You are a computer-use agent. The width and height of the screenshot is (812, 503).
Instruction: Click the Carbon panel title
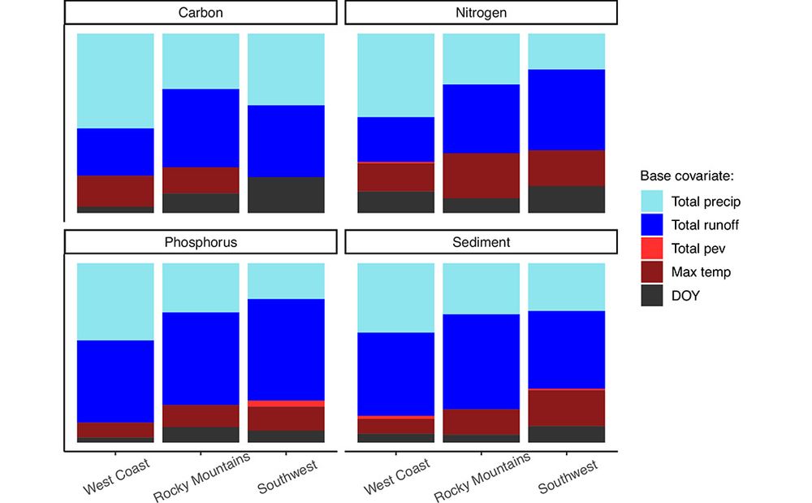[x=200, y=12]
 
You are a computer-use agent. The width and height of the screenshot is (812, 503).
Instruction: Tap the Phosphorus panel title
[x=200, y=241]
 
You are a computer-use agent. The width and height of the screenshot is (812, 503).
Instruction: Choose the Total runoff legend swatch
[x=652, y=225]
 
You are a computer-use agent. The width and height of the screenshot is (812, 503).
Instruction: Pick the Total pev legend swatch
[x=652, y=249]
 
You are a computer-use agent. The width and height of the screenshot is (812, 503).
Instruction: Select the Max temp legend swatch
[x=652, y=272]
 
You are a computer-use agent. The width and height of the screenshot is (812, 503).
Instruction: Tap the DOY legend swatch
[x=652, y=296]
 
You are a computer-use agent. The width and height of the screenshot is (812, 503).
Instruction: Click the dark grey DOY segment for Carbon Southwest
[x=286, y=195]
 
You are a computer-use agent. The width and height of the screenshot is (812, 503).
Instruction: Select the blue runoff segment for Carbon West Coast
[x=115, y=152]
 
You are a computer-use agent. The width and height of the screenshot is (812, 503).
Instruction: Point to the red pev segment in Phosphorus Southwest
[x=286, y=403]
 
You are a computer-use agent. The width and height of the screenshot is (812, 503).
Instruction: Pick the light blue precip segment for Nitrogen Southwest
[x=567, y=51]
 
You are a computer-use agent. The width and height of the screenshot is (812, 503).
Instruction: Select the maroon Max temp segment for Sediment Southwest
[x=567, y=408]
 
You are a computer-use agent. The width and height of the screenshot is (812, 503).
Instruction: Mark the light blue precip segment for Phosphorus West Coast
[x=115, y=301]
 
